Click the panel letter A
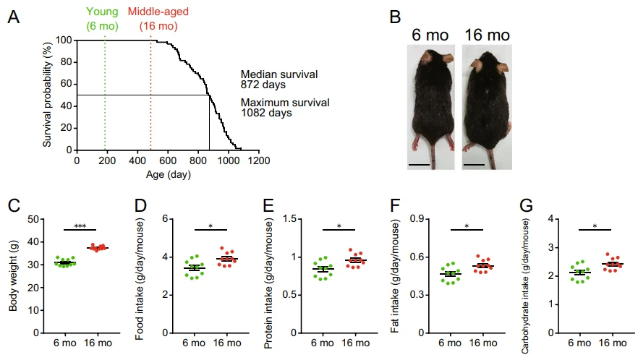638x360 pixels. (14, 17)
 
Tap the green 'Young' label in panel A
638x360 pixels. (102, 12)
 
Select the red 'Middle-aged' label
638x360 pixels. (158, 12)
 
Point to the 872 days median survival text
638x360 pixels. (263, 85)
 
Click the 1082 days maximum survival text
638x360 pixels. (266, 113)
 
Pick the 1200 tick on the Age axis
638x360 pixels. (259, 160)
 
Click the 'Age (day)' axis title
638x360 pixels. (169, 174)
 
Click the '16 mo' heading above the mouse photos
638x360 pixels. (487, 35)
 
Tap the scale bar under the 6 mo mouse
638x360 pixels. (419, 165)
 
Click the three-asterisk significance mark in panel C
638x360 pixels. (80, 226)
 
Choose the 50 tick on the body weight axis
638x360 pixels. (33, 219)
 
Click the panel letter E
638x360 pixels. (268, 206)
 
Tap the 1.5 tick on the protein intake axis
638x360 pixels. (289, 219)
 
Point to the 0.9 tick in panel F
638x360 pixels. (417, 219)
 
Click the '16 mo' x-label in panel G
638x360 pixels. (613, 343)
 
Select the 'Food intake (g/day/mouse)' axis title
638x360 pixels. (140, 279)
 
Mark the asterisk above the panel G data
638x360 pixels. (595, 226)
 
